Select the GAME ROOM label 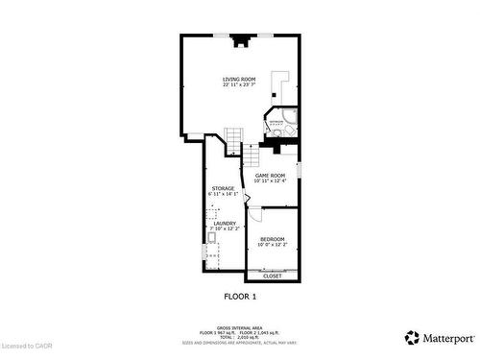coord(270,176)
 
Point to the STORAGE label coord(223,188)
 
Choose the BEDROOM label coord(272,238)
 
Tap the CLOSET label coord(272,276)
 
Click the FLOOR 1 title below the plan coord(240,297)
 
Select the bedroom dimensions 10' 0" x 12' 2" coord(272,244)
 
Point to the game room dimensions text coord(270,181)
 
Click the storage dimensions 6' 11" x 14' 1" coord(223,194)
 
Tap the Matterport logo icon coord(412,337)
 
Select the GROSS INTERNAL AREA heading coord(240,327)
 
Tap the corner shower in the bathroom coord(290,125)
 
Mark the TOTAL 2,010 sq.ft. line coord(240,337)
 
